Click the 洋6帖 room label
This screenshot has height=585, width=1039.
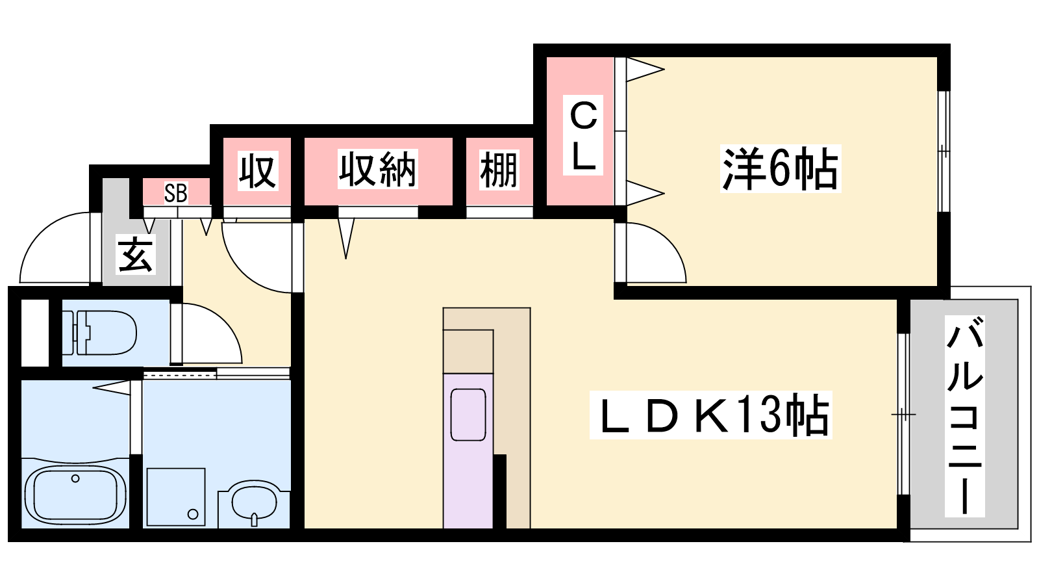[781, 168]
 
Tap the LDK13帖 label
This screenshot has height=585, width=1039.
[710, 415]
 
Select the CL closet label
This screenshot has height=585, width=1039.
[583, 135]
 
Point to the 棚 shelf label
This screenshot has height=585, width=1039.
[499, 170]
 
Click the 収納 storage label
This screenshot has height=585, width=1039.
[377, 169]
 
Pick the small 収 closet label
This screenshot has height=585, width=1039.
[258, 170]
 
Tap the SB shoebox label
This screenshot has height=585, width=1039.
[176, 193]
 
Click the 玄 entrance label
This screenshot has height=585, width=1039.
[136, 255]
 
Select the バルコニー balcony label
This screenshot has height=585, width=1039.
[965, 417]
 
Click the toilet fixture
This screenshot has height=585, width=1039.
[99, 332]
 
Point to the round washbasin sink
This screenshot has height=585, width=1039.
[254, 503]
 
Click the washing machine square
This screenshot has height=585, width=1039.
[176, 497]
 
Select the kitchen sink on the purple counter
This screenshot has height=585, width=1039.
[468, 415]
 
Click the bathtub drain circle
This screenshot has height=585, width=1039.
[75, 478]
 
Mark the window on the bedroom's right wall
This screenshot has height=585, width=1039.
[944, 151]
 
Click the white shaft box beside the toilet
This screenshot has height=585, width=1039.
[35, 332]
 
